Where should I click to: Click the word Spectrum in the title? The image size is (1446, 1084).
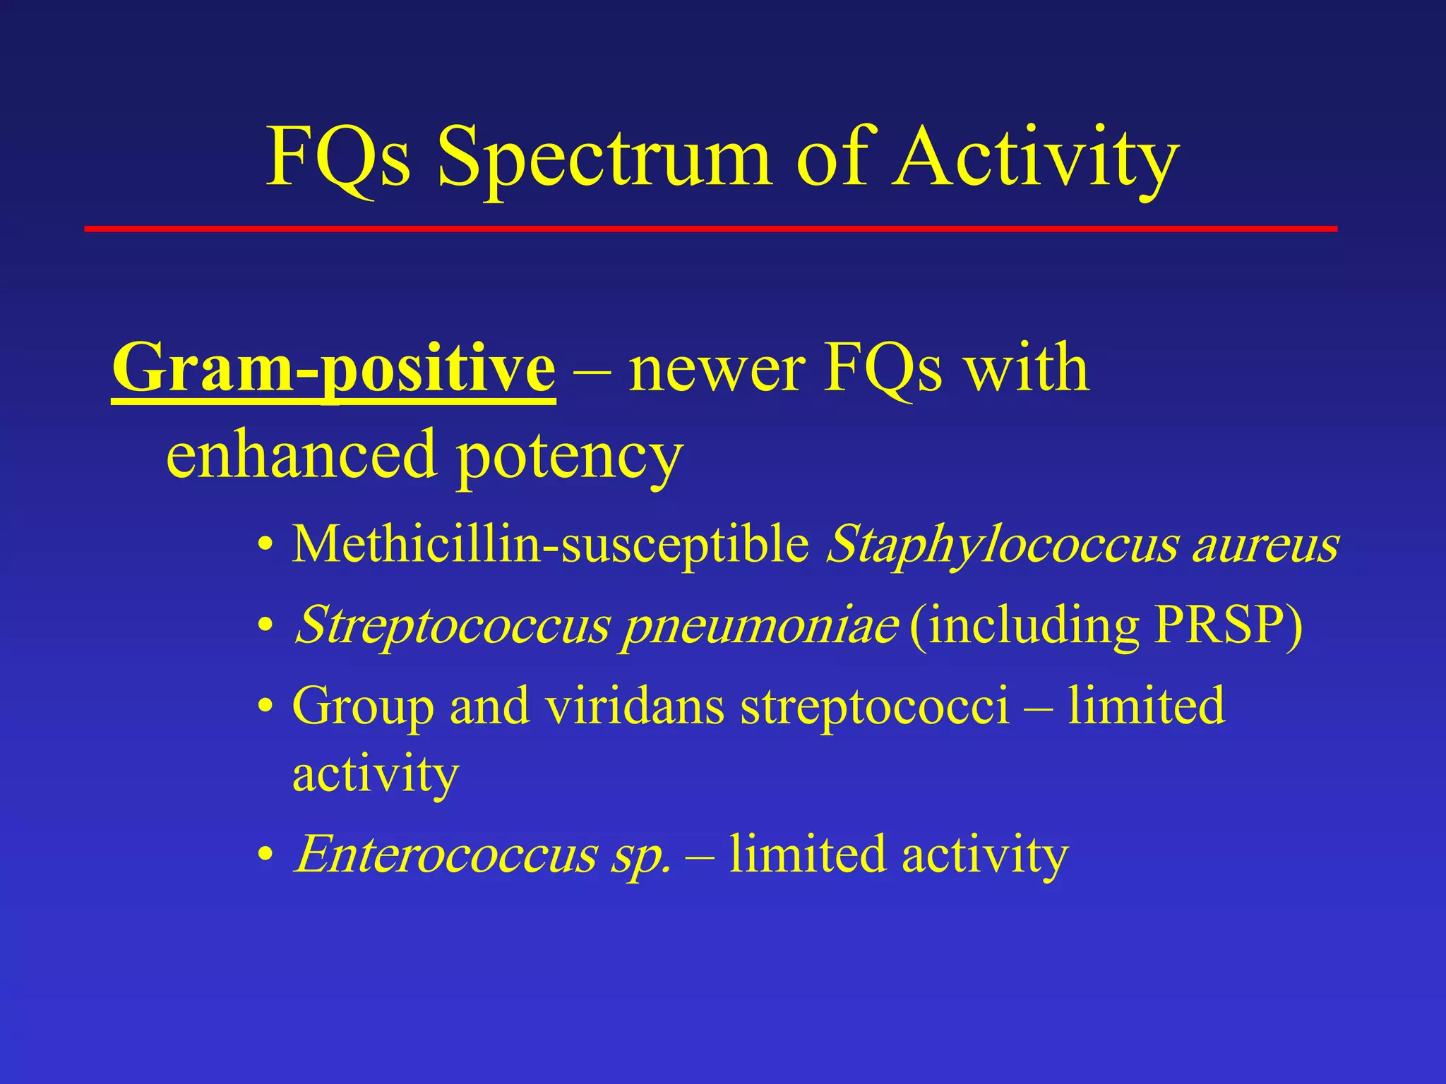click(x=604, y=159)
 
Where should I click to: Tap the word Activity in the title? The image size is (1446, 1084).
click(x=1034, y=159)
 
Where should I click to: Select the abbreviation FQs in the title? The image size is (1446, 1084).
click(x=337, y=159)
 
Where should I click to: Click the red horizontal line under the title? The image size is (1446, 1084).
click(x=710, y=229)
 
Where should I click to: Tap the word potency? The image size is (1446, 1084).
click(x=568, y=459)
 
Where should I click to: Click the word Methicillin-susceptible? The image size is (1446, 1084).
click(x=551, y=545)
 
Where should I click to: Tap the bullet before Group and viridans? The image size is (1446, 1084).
click(x=265, y=706)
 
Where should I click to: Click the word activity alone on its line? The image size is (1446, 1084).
click(x=376, y=775)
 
